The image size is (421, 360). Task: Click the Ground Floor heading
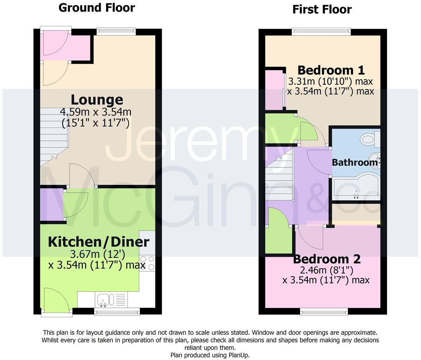coord(96,7)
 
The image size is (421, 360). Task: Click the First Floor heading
coord(322,9)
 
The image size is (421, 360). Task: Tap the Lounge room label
coord(97,100)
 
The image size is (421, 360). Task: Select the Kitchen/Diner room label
coord(99,242)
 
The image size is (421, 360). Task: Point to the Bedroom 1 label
coord(331,70)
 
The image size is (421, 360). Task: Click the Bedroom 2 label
coord(327,259)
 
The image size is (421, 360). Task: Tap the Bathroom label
coord(354,162)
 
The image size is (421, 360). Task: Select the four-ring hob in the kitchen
coord(148,263)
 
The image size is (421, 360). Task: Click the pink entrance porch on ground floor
coord(67,46)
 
